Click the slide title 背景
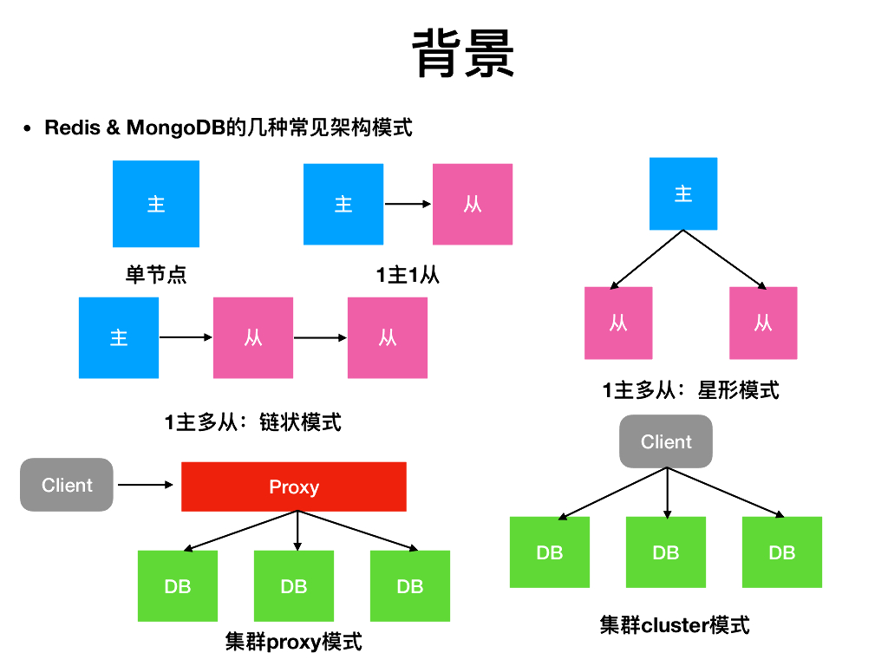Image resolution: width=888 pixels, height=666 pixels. [464, 54]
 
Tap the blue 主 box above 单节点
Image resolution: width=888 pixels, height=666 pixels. [156, 204]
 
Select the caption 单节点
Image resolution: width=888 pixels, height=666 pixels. [156, 276]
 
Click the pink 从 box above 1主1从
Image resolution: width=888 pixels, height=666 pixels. [473, 204]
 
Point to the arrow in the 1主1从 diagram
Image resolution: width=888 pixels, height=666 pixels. [408, 205]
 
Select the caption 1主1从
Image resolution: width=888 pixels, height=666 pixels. [408, 276]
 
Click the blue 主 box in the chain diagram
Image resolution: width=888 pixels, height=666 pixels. [119, 337]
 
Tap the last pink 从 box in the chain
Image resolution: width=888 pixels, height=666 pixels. [388, 337]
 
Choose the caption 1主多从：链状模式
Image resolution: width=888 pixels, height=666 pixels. [253, 422]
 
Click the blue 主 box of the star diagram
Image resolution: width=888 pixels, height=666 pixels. [683, 193]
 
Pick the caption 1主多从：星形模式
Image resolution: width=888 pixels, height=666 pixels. [691, 390]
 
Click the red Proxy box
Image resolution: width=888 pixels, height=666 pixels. [294, 486]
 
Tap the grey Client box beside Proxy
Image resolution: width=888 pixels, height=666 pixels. [67, 485]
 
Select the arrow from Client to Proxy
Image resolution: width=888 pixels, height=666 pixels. [146, 485]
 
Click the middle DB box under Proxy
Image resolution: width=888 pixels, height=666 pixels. [294, 586]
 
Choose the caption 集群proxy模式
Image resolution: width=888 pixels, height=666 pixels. [293, 643]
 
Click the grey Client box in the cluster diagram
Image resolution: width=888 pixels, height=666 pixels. [666, 442]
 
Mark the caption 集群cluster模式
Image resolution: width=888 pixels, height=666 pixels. [675, 624]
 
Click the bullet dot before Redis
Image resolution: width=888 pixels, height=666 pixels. [27, 129]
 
